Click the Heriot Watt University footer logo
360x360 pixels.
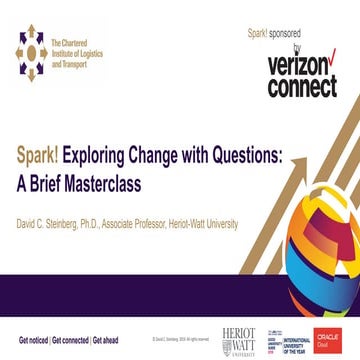coord(238,339)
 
